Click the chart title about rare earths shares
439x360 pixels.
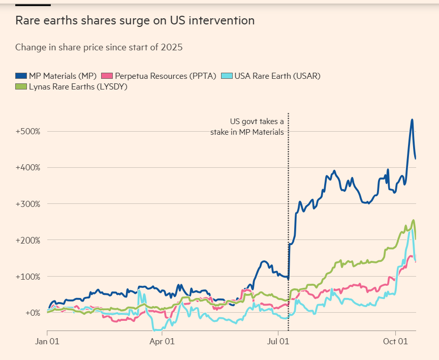[135, 21]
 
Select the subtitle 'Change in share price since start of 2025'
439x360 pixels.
[99, 47]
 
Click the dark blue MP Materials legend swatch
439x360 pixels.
[21, 76]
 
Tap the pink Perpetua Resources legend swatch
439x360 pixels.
[107, 76]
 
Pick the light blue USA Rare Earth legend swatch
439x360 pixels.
[227, 76]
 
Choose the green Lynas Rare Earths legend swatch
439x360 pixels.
[21, 86]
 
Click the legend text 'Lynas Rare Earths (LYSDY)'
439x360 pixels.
[78, 86]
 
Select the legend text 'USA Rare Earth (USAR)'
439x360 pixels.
[277, 76]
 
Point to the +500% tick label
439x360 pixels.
[28, 131]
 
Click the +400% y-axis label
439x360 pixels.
[28, 167]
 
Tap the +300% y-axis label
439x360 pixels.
[28, 204]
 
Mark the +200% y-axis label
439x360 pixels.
[28, 240]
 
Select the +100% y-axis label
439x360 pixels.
[28, 277]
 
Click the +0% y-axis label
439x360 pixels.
[32, 313]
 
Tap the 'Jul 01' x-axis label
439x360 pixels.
[278, 342]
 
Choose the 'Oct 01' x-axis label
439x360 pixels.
[395, 342]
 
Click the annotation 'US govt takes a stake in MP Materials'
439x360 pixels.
[247, 127]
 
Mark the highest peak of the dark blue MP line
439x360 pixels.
[412, 119]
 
